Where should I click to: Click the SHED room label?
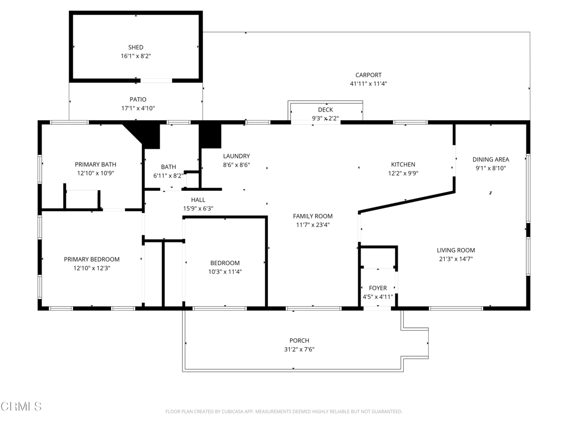click(x=136, y=48)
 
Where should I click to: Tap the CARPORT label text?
click(x=368, y=75)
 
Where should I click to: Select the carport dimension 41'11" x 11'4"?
click(x=368, y=84)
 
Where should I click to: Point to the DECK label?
click(x=325, y=110)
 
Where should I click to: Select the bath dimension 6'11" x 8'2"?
click(x=169, y=176)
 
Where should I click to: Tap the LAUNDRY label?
click(x=236, y=156)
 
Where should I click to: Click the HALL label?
click(x=198, y=200)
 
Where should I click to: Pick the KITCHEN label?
click(x=403, y=165)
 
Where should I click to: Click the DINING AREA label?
click(x=490, y=160)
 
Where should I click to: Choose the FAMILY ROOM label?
click(x=313, y=216)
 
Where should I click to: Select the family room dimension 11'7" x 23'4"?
click(x=313, y=225)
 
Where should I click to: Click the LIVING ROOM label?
click(x=455, y=250)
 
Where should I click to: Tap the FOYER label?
click(x=378, y=288)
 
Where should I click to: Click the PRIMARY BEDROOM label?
click(x=92, y=260)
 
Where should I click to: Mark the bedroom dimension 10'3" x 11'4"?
click(x=225, y=272)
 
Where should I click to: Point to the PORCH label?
click(x=299, y=341)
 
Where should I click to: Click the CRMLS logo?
click(x=21, y=407)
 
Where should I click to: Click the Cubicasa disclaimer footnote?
click(x=283, y=412)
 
